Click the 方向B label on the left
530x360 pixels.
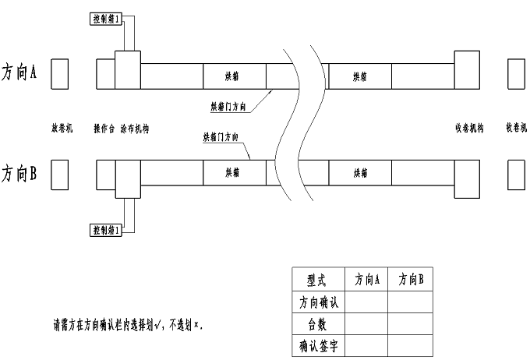20,172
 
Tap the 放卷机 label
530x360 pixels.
62,128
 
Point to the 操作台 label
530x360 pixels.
104,128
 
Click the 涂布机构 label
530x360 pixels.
135,128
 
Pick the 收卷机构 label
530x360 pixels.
469,128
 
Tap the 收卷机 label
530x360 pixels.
517,128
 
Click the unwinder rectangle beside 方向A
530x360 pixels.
60,72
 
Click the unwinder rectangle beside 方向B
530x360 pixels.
60,175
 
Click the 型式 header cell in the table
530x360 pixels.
316,279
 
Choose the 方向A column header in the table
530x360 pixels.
366,279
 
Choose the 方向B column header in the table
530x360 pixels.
410,279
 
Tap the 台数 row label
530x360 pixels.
316,322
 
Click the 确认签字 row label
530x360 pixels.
316,343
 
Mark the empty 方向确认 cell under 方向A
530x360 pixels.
366,301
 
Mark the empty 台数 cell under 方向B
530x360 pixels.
410,322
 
